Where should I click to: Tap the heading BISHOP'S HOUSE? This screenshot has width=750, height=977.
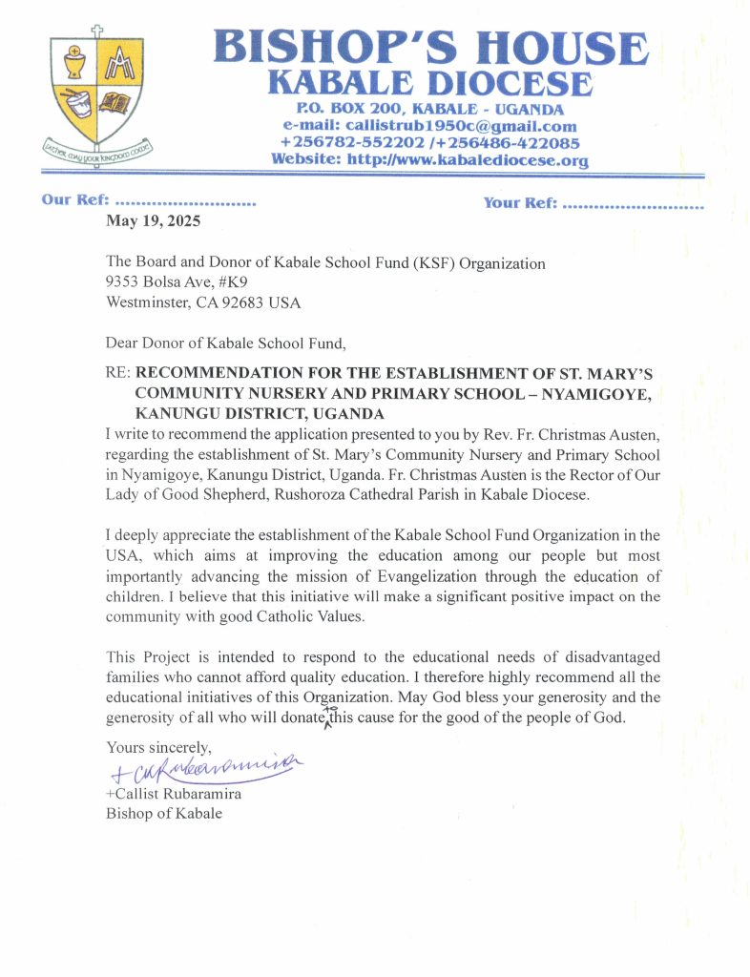click(x=428, y=47)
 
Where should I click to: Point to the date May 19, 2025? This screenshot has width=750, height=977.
click(x=153, y=221)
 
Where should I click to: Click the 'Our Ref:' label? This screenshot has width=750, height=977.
click(x=76, y=202)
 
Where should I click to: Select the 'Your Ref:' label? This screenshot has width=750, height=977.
click(x=521, y=203)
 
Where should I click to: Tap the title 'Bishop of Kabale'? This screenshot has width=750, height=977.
click(x=164, y=814)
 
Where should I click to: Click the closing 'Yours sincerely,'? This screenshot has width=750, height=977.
click(x=158, y=746)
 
